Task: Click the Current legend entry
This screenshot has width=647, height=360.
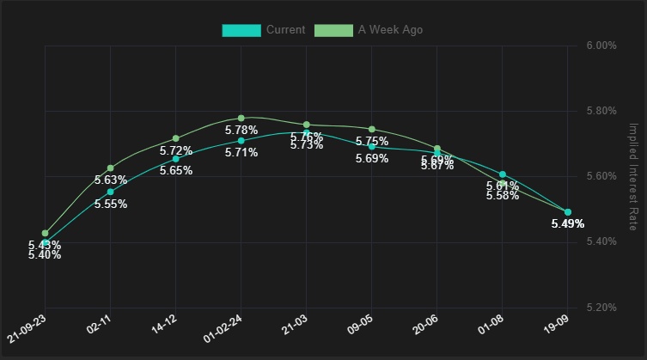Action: coord(264,30)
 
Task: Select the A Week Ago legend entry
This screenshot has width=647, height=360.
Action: coord(367,30)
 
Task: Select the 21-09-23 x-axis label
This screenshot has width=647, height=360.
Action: coord(26,328)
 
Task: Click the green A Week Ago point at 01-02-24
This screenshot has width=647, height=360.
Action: coord(241,118)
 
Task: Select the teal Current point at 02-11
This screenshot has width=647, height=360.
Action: coord(111,192)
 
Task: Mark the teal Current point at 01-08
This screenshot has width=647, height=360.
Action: coord(503,174)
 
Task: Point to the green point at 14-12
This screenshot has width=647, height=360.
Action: coord(176,138)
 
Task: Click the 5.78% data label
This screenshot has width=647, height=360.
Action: coord(241,131)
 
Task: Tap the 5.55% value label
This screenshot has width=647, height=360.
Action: coord(111,204)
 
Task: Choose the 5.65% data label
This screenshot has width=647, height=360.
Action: coord(176,171)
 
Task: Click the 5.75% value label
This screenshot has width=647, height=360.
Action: coord(372,142)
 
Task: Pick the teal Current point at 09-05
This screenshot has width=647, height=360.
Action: coord(372,146)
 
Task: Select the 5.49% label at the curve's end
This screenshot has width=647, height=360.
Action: coord(568,223)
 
